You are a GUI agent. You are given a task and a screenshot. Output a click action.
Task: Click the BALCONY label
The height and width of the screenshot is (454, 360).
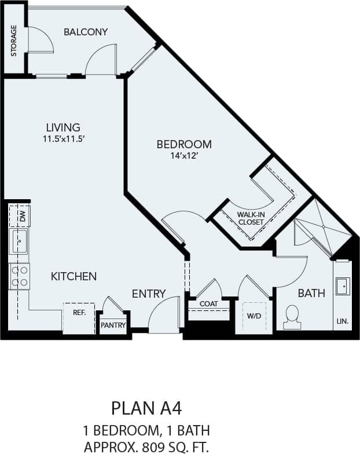[x=86, y=32]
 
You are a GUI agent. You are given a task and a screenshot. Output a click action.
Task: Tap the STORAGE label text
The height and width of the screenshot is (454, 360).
[x=14, y=41]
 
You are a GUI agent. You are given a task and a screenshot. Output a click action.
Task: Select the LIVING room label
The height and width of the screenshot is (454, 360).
[x=63, y=127]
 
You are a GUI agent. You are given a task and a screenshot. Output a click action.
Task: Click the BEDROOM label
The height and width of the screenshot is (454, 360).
[x=184, y=144]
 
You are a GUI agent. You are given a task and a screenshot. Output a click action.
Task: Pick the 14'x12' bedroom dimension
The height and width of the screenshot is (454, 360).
[x=183, y=156]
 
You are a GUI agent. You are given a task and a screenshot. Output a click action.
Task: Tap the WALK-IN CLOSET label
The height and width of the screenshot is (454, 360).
[x=251, y=218]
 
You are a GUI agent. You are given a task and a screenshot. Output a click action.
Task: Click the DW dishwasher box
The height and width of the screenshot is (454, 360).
[x=20, y=217]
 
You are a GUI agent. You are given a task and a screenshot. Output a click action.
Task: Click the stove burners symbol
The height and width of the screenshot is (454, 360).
[x=19, y=276]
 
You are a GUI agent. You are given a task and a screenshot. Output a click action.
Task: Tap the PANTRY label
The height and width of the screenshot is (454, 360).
[x=113, y=325]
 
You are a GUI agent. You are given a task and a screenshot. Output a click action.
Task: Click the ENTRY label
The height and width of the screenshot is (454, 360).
[x=149, y=294]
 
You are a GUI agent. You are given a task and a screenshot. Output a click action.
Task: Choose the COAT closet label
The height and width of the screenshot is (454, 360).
[x=208, y=304]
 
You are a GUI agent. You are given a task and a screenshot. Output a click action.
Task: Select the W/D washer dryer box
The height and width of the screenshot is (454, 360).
[x=254, y=317]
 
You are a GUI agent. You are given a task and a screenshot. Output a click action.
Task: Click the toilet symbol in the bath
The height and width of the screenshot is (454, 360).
[x=292, y=317]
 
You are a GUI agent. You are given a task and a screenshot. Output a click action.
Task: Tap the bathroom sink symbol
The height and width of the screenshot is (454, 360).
[x=342, y=285]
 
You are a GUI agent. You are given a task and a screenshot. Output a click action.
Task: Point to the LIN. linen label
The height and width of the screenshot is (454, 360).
[x=342, y=321]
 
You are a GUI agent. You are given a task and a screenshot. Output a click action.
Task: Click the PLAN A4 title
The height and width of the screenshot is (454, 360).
[x=146, y=408]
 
